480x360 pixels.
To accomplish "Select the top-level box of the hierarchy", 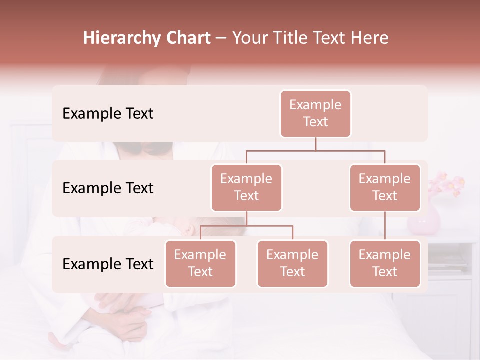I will pyautogui.click(x=315, y=113).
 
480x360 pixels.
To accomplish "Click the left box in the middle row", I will pyautogui.click(x=246, y=187).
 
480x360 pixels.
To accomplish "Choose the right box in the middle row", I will pyautogui.click(x=385, y=187).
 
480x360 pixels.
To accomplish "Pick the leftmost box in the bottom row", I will pyautogui.click(x=200, y=263).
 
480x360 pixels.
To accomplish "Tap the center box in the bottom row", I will pyautogui.click(x=292, y=263).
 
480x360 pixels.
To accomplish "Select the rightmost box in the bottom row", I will pyautogui.click(x=385, y=263).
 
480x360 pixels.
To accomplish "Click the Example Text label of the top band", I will pyautogui.click(x=108, y=114).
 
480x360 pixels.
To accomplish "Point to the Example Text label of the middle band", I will pyautogui.click(x=108, y=188).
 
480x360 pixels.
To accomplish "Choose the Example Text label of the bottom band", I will pyautogui.click(x=108, y=264).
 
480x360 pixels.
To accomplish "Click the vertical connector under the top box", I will pyautogui.click(x=315, y=144).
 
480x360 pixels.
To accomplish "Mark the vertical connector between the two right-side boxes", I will pyautogui.click(x=385, y=226).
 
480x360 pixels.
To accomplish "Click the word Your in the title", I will pyautogui.click(x=248, y=38).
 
